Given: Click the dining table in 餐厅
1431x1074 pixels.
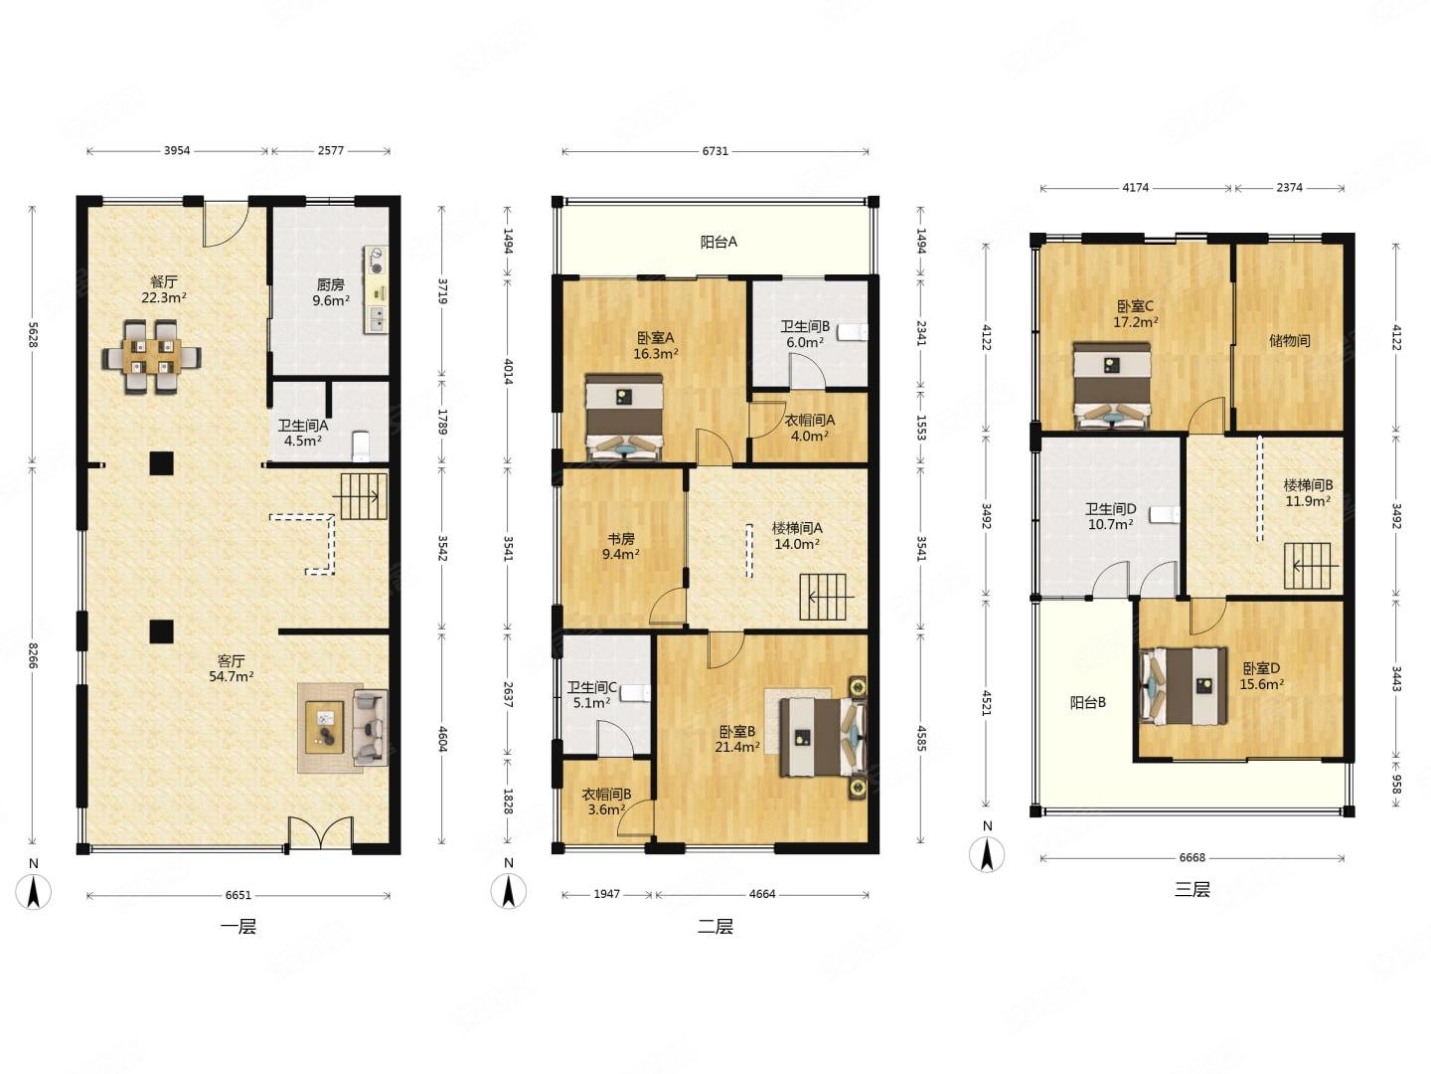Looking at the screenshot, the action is (151, 357).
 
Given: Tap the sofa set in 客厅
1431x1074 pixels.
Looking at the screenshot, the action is (343, 728).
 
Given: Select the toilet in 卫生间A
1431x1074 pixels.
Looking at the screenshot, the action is (361, 446).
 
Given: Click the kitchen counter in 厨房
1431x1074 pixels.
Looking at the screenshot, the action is (377, 289).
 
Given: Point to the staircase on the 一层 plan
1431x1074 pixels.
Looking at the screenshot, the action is (364, 496).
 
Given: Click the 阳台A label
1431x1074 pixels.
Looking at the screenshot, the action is (718, 242).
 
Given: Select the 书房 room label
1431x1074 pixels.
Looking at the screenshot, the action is (621, 539).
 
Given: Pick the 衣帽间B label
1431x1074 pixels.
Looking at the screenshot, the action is (606, 795).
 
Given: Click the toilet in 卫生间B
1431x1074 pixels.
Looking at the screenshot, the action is (854, 332).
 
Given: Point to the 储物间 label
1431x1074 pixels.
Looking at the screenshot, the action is (1289, 340).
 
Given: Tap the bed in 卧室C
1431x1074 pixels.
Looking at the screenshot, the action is (1112, 386).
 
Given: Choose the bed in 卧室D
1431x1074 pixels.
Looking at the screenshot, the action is (1184, 686).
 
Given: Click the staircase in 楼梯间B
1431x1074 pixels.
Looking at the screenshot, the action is (1307, 566).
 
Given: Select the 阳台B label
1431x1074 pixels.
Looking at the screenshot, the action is (1088, 702).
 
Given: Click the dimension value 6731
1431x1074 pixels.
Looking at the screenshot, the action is (715, 151).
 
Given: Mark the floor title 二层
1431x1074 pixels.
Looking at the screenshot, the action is (715, 927).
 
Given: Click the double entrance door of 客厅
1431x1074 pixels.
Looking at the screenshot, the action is (321, 832).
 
